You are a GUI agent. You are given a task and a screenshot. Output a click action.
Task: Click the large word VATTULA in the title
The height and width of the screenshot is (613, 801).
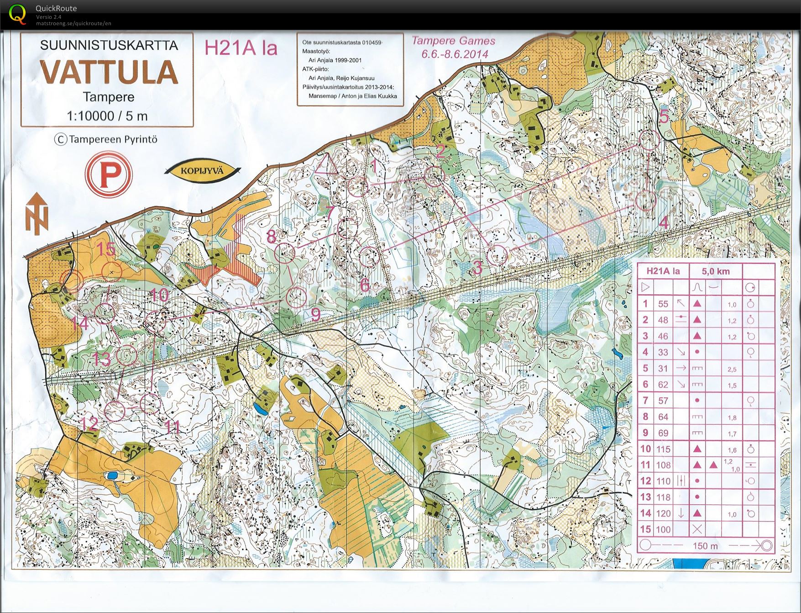click(x=109, y=72)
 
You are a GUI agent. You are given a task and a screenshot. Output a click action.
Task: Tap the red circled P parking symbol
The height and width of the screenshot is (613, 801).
click(x=109, y=175)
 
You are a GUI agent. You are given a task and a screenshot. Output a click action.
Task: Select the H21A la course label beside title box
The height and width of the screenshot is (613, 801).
click(x=241, y=48)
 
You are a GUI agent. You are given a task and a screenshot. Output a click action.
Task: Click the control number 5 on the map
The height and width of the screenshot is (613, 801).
click(x=664, y=117)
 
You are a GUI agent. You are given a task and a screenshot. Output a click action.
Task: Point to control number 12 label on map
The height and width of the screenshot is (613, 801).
click(x=89, y=424)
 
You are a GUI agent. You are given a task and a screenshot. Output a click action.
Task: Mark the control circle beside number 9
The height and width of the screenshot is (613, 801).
click(x=298, y=297)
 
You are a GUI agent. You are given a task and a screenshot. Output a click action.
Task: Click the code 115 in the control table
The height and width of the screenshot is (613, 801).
click(x=663, y=449)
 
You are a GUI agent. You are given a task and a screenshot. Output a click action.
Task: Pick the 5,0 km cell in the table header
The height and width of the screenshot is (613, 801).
click(x=715, y=271)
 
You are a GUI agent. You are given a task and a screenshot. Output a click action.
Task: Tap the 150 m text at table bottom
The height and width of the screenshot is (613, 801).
click(x=705, y=546)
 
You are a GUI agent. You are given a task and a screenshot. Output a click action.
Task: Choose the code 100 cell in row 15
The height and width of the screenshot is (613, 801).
click(x=663, y=530)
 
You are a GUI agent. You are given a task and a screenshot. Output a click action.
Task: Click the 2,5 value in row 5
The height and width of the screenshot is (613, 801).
click(x=732, y=369)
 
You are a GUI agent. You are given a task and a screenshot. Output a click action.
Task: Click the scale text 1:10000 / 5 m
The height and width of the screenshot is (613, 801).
click(x=107, y=116)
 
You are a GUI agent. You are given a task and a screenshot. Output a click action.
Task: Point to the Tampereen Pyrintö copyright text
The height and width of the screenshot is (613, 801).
click(x=106, y=140)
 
